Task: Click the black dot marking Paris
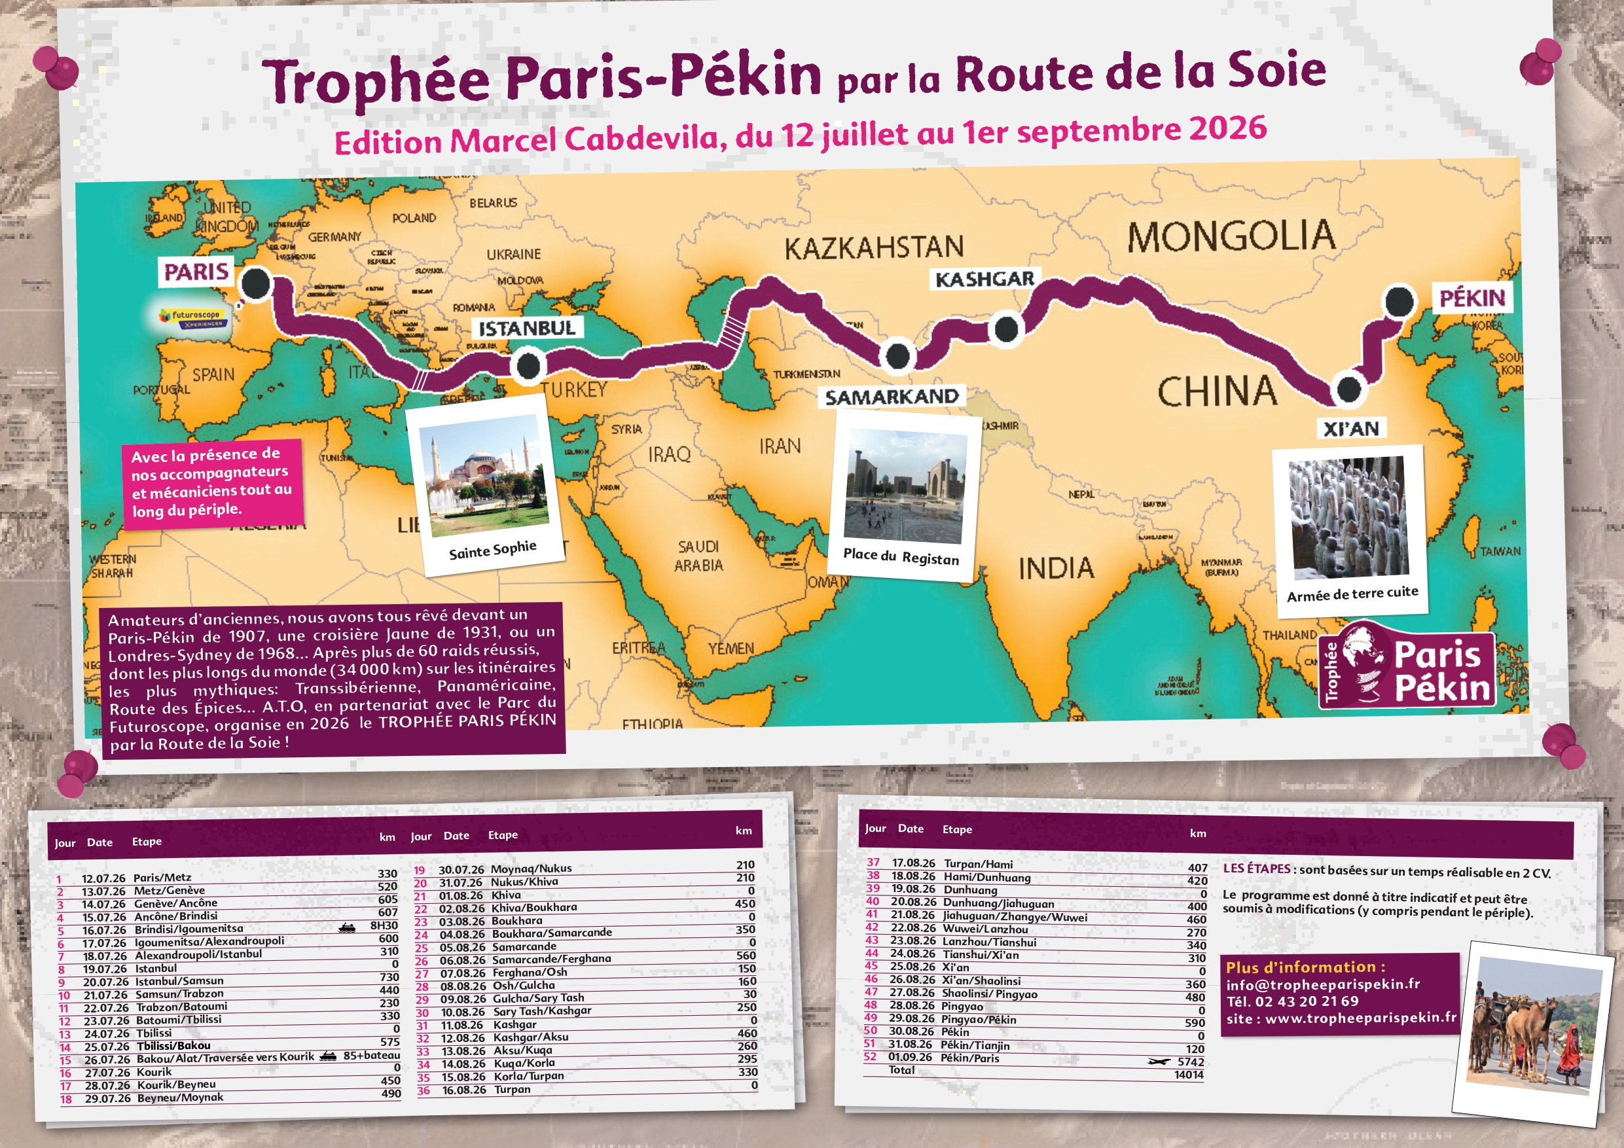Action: (256, 283)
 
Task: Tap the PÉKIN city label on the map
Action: (1472, 298)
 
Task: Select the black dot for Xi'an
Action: (1348, 388)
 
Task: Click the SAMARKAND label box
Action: (892, 397)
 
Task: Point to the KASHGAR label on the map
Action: (984, 279)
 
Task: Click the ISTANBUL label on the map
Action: (527, 328)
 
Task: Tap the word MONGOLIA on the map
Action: (1231, 236)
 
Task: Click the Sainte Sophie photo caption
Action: (492, 550)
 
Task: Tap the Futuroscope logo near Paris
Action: (193, 317)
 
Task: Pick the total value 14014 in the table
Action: (1188, 1075)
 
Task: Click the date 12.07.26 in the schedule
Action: (103, 878)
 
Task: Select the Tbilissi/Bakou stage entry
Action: (173, 1045)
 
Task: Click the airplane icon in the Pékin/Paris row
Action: (1159, 1062)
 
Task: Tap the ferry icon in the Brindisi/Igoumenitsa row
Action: (346, 927)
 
